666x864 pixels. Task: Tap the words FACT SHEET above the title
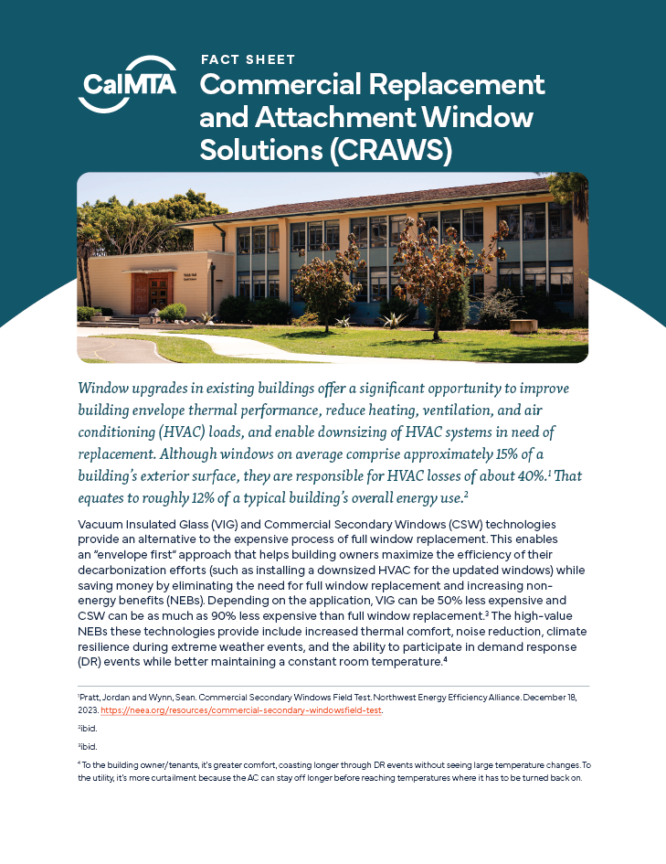point(248,59)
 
